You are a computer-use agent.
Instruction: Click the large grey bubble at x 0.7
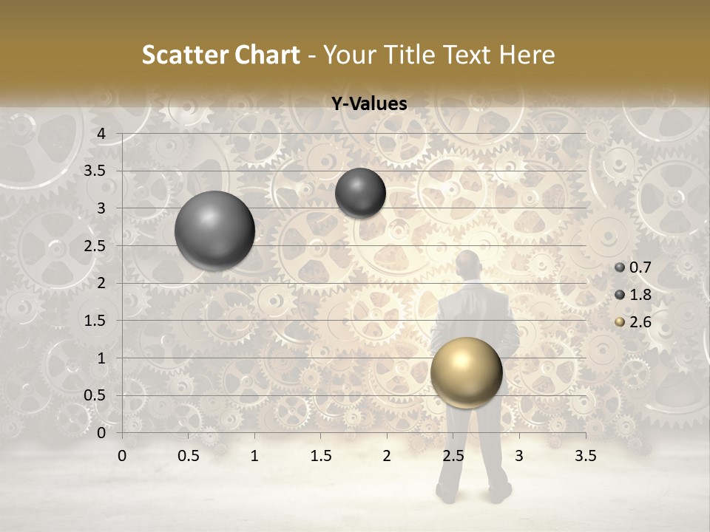pos(214,231)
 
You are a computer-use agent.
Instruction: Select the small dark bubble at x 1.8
pos(360,193)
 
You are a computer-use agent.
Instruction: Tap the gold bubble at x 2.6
pos(466,372)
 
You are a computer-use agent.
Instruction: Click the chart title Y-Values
pos(369,104)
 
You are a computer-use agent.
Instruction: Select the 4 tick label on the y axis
pos(102,134)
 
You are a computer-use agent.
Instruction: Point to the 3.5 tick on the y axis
pos(95,171)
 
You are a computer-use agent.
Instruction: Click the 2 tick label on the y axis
pos(102,283)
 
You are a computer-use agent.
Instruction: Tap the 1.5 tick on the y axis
pos(95,321)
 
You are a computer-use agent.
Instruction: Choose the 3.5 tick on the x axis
pos(585,456)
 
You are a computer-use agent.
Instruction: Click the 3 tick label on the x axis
pos(518,456)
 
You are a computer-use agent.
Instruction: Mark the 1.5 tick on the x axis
pos(320,456)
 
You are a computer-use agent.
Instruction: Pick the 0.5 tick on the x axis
pos(189,456)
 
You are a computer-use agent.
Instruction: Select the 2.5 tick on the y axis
pos(95,246)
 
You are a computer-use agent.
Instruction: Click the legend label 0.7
pos(640,268)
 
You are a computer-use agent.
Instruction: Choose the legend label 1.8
pos(640,295)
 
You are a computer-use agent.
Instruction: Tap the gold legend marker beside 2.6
pos(620,321)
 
